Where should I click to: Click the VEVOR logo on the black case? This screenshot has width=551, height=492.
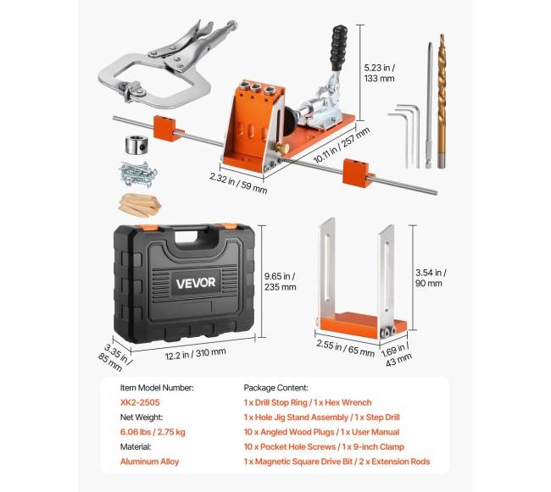coord(195,283)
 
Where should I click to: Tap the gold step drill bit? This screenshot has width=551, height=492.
coord(442,101)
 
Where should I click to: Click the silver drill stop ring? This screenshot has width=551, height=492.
coord(135,145)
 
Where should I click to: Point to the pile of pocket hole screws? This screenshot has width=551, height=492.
coord(137,174)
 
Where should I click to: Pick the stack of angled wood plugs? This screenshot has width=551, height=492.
coord(139,205)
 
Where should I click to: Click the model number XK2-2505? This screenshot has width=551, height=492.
coord(140,402)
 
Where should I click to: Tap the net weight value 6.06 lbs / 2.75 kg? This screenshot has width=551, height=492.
coord(153,432)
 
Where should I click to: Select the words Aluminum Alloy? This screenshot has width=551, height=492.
coord(149,462)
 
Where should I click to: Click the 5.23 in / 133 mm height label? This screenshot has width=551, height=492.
coord(379,73)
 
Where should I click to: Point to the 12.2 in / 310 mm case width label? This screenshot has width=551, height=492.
coord(195,353)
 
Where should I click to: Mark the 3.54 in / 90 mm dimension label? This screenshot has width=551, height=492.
coord(431,278)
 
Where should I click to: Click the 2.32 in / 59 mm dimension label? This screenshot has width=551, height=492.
coord(238,183)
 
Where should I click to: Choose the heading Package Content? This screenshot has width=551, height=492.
coord(275,388)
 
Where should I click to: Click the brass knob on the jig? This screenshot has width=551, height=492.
coord(281,147)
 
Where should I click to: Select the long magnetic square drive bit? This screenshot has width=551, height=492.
coord(429,105)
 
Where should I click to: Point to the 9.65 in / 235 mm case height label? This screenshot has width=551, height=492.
coord(280,281)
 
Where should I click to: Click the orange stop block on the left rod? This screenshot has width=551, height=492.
coord(164,129)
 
